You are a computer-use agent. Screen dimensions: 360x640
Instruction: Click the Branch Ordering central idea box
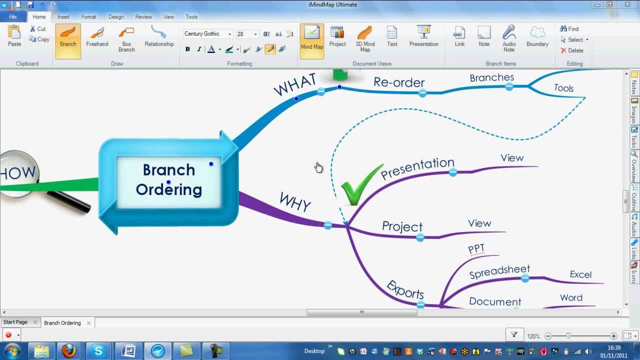(x=168, y=180)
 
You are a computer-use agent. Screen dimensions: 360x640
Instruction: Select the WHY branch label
(x=295, y=202)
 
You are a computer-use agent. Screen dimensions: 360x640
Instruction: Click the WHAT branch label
(x=294, y=84)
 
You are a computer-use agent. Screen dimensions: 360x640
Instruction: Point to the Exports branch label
(x=405, y=289)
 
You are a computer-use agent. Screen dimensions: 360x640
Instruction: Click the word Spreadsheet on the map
(x=499, y=271)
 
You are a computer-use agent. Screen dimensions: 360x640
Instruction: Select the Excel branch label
(x=580, y=274)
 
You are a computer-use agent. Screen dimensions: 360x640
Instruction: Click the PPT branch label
(x=476, y=248)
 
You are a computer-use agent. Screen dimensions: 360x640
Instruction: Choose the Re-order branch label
(x=398, y=82)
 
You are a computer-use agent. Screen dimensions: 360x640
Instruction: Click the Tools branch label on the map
(x=563, y=88)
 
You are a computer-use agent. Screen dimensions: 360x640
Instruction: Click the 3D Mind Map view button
(x=365, y=39)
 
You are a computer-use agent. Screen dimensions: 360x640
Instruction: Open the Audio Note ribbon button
(x=509, y=39)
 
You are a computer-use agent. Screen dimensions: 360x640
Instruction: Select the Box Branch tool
(x=126, y=39)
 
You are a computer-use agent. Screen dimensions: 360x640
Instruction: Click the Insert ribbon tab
(x=63, y=16)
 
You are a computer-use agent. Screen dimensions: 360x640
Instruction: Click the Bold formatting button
(x=187, y=49)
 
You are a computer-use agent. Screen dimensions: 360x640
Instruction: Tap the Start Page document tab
(x=15, y=322)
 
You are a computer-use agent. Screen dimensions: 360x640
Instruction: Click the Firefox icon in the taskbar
(x=69, y=351)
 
